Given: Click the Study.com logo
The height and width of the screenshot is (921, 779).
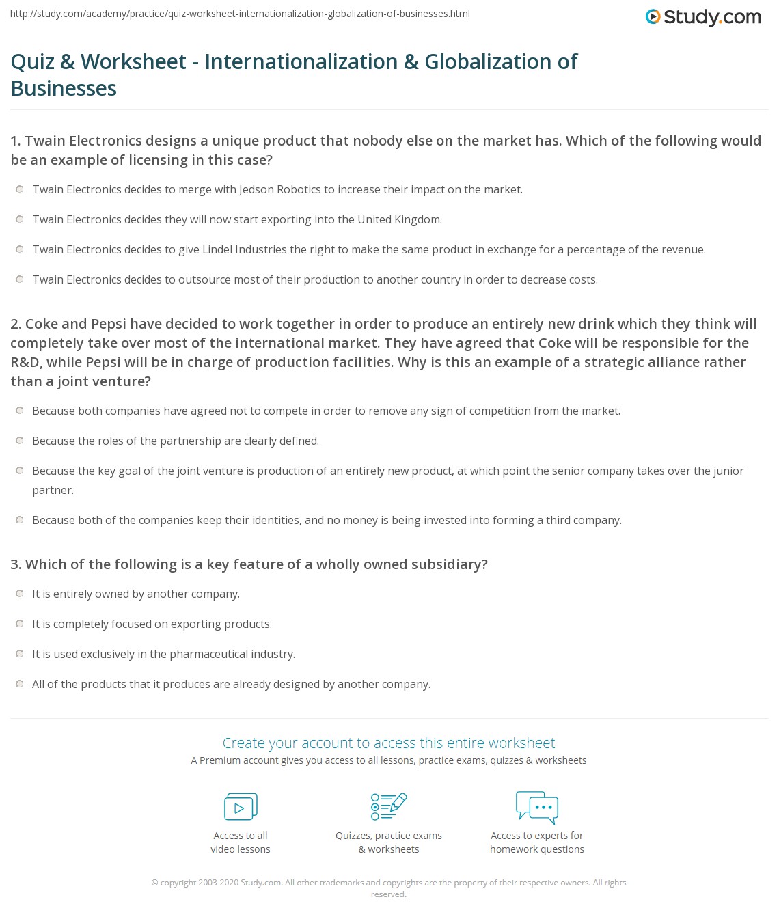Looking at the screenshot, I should (703, 17).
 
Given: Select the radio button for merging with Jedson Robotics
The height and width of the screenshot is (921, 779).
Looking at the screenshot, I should (19, 189).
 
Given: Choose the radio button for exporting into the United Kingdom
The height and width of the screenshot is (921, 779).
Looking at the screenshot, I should (19, 219).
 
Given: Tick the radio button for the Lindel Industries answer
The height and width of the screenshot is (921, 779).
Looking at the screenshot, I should (19, 249).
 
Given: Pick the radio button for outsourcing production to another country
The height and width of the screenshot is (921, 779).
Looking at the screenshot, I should (19, 279).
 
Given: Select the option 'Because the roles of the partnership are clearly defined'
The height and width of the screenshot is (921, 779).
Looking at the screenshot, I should (19, 441).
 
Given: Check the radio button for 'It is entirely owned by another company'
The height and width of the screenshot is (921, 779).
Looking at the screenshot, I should (19, 594).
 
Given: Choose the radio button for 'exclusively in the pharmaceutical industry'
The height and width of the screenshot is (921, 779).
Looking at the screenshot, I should (19, 654).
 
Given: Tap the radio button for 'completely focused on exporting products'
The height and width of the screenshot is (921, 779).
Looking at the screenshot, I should (19, 624).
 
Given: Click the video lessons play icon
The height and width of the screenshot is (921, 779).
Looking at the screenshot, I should (241, 807).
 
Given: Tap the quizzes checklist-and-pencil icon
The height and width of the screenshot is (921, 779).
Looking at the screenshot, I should (389, 806).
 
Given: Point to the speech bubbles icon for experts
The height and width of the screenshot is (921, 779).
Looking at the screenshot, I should (537, 806).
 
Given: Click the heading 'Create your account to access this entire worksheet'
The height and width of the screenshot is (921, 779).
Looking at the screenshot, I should (389, 743).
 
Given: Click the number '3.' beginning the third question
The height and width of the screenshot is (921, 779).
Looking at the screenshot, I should (16, 564).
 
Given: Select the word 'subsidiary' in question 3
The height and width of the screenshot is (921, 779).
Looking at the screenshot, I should (450, 564).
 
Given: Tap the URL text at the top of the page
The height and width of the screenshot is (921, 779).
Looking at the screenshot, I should (240, 14).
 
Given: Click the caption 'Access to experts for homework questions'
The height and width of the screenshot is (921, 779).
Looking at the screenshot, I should (537, 842).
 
